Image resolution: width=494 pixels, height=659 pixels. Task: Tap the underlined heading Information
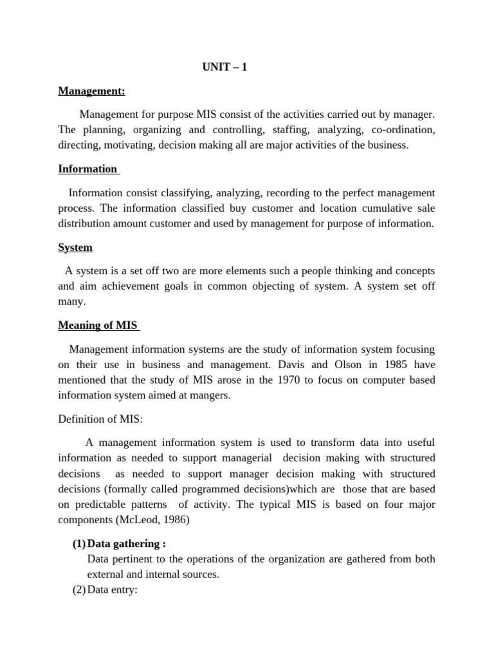tap(87, 169)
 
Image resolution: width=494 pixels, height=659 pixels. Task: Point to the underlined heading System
tap(75, 247)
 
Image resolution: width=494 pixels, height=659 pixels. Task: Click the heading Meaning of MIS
tap(98, 326)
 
